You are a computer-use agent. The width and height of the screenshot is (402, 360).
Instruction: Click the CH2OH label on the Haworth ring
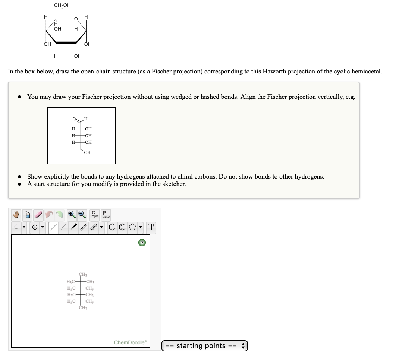(62, 5)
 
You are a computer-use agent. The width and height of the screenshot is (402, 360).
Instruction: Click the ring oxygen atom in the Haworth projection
(75, 19)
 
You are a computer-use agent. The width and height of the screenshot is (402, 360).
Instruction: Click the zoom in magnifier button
(72, 215)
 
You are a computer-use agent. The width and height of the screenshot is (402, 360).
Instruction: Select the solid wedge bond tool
(75, 227)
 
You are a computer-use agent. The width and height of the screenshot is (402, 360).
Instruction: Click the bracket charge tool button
(151, 227)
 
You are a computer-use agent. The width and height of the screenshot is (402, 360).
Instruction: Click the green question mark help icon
(142, 243)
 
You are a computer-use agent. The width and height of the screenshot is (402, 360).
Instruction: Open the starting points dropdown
(204, 345)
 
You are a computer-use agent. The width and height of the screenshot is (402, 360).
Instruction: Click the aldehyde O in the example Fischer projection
(74, 119)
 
